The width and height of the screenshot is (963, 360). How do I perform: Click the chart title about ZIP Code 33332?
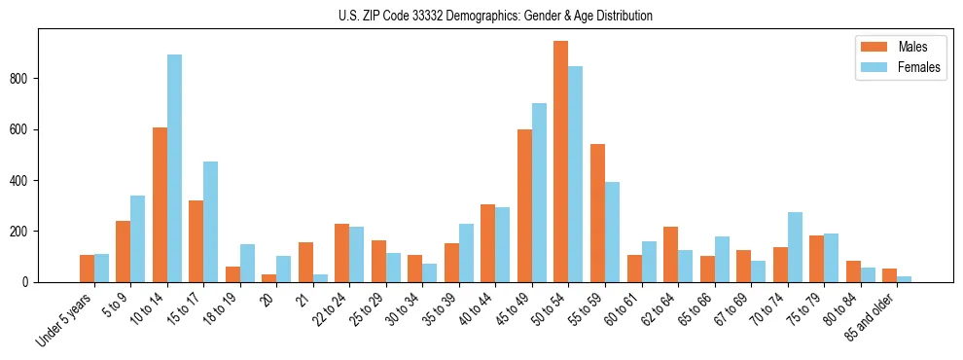tap(481, 16)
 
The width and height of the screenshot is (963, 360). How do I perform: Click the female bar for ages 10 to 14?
tap(174, 168)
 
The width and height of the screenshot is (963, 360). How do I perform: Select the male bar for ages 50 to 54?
tap(561, 162)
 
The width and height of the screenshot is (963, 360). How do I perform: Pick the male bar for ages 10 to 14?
tap(160, 205)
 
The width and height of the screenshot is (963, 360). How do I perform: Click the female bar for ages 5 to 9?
tap(138, 239)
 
